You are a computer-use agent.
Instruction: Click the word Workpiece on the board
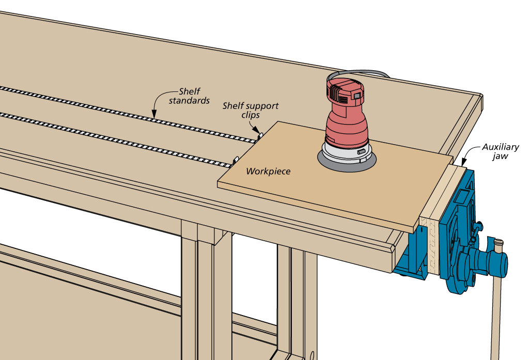point(268,171)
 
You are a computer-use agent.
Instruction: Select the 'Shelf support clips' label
point(250,110)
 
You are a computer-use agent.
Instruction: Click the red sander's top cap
point(348,88)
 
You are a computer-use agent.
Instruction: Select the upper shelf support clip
point(260,135)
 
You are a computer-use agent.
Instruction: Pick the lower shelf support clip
point(235,162)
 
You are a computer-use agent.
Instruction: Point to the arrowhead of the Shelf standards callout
point(153,113)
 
